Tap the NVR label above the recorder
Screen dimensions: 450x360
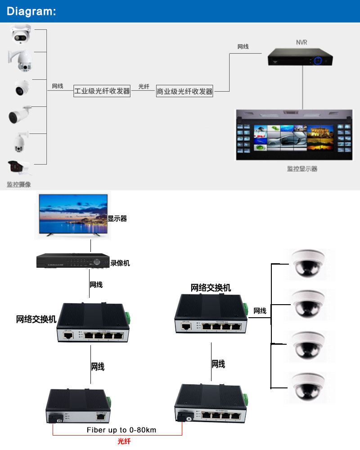click(301, 42)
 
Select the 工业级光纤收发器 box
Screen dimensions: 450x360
click(102, 91)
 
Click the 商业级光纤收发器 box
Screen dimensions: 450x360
click(184, 91)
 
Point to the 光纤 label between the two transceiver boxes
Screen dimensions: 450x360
click(144, 86)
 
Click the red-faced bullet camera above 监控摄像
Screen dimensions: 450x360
click(19, 167)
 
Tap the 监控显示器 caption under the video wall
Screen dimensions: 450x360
click(302, 169)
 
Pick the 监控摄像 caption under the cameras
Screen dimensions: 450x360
click(19, 184)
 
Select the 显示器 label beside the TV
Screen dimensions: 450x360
click(117, 219)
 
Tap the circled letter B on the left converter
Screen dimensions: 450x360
click(59, 421)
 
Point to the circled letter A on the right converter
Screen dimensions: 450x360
click(189, 418)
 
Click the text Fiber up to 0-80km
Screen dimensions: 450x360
click(121, 430)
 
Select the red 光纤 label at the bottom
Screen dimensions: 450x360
click(124, 441)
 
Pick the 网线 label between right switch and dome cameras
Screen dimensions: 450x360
click(260, 311)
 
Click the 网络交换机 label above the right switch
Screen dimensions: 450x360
click(211, 288)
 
